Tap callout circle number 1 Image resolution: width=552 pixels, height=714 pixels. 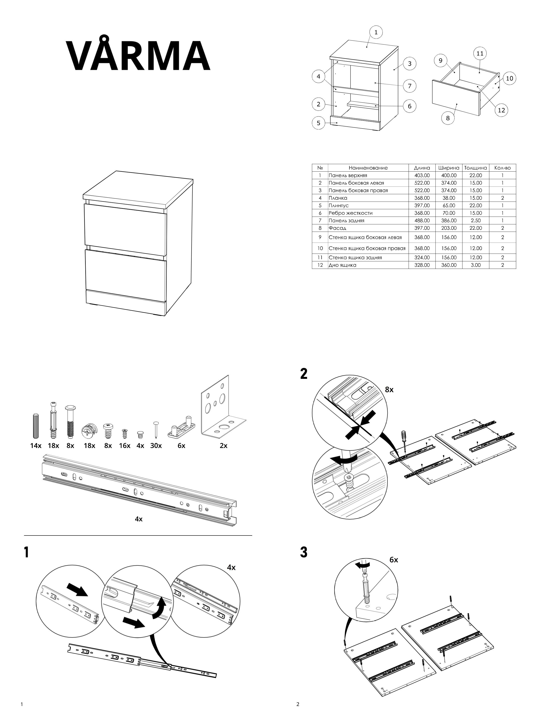pyautogui.click(x=376, y=32)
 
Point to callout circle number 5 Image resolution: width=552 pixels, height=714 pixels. pyautogui.click(x=318, y=123)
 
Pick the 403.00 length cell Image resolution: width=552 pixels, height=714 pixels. pyautogui.click(x=422, y=175)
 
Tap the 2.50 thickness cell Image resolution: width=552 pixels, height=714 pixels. pyautogui.click(x=476, y=220)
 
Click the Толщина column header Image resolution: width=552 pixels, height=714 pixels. pyautogui.click(x=476, y=168)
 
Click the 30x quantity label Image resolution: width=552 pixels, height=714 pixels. pyautogui.click(x=156, y=445)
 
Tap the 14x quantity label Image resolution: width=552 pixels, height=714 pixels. pyautogui.click(x=36, y=445)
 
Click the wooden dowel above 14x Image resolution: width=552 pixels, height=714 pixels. pyautogui.click(x=36, y=426)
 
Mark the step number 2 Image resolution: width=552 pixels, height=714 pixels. pyautogui.click(x=304, y=374)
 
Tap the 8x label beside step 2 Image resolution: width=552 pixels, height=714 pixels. pyautogui.click(x=389, y=389)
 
